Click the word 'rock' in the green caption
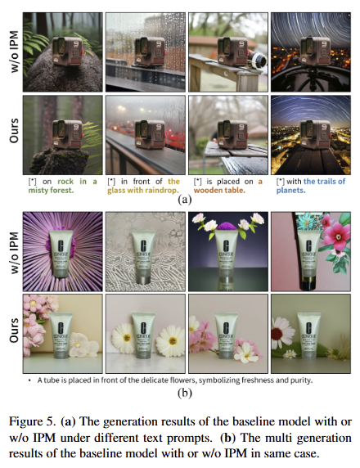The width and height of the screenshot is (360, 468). point(65,182)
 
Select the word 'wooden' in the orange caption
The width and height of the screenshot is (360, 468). point(206,191)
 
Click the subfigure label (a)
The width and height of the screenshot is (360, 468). point(184,200)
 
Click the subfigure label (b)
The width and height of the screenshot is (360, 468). point(184,393)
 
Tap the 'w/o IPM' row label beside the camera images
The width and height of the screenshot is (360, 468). point(14,52)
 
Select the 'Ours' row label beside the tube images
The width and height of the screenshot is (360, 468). point(14,330)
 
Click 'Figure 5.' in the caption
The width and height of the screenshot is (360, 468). point(33,421)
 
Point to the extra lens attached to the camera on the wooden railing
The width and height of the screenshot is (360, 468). point(257,58)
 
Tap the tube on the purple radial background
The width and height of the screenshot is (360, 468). point(61,254)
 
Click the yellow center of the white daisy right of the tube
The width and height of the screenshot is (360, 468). point(173,340)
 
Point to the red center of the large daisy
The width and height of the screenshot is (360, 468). point(277,333)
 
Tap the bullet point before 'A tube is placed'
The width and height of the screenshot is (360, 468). point(29,380)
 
